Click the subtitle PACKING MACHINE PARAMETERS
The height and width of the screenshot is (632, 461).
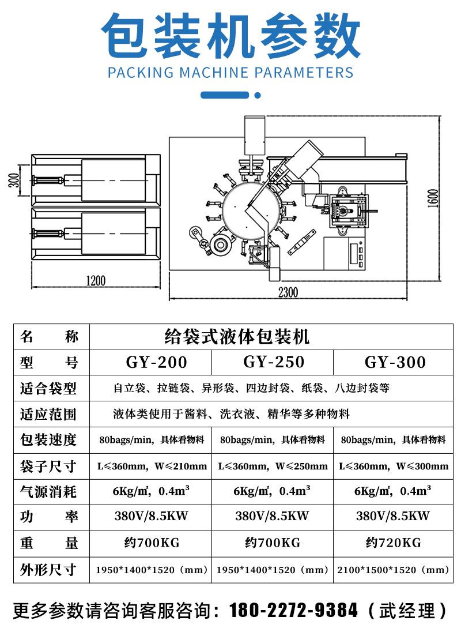[231, 73]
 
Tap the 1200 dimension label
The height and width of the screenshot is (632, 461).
[96, 281]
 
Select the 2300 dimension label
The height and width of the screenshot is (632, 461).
[288, 292]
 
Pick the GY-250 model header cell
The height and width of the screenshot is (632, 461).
[274, 362]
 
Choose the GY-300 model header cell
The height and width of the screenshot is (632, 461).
[395, 362]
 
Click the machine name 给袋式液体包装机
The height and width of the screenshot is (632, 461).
[237, 336]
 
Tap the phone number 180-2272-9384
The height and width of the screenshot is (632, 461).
[294, 610]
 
